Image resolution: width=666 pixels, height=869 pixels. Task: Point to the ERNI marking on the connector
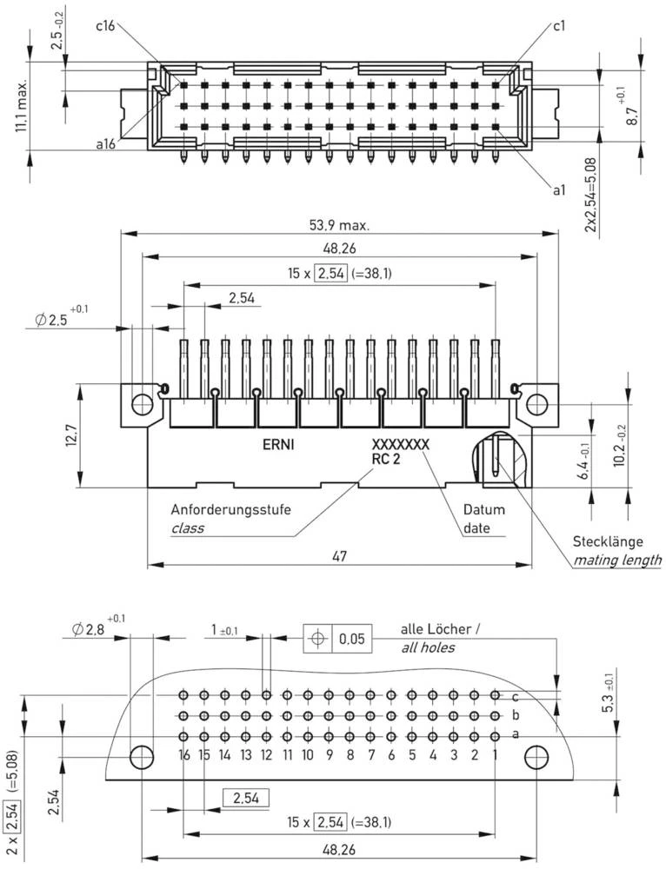[x=279, y=443]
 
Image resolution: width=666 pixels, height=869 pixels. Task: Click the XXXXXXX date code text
[x=400, y=444]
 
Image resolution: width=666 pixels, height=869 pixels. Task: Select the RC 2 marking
[x=385, y=460]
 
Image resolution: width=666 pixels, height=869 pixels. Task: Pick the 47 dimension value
[x=340, y=556]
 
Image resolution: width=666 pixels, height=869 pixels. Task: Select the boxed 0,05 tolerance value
[x=352, y=639]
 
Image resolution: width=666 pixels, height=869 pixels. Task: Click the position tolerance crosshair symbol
[x=317, y=639]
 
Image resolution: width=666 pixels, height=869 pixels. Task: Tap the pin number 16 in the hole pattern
[x=183, y=756]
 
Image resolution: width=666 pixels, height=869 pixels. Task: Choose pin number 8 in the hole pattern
[x=350, y=756]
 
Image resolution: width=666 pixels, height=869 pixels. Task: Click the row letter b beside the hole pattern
[x=516, y=716]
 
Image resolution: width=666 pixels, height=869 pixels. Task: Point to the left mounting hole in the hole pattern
[x=141, y=757]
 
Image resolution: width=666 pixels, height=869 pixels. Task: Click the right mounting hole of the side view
[x=538, y=403]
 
